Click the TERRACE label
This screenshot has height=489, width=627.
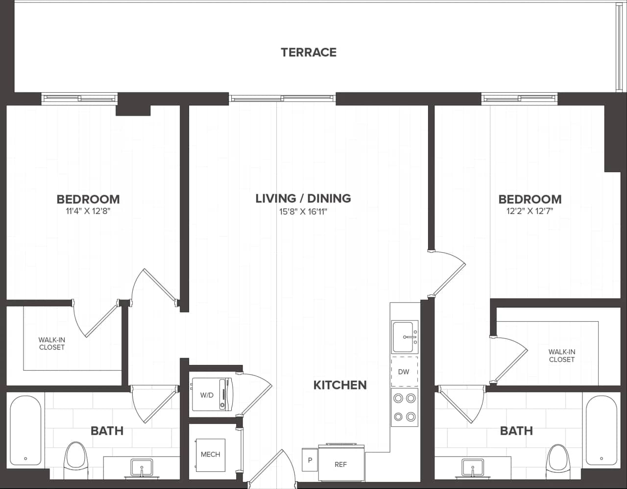pos(309,52)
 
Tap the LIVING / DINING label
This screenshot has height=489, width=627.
pos(303,198)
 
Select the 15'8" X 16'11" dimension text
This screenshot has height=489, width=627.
pos(303,212)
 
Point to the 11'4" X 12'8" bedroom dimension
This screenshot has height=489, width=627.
pos(88,211)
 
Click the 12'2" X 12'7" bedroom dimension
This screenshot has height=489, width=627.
pos(530,211)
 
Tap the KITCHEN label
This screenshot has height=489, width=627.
pos(340,385)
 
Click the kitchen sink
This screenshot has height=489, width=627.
pos(405,336)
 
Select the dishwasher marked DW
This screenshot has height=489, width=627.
pos(404,372)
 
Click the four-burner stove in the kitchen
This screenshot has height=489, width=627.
pos(405,407)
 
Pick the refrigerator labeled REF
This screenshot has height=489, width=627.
pos(341,463)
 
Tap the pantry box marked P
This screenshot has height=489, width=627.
pos(310,460)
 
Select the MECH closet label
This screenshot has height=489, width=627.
pos(210,455)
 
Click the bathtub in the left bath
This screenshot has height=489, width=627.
pos(25,431)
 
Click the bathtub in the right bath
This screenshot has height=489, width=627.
pos(601,431)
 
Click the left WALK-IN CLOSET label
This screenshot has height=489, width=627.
pos(52,343)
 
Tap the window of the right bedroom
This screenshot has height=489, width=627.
pos(520,99)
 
